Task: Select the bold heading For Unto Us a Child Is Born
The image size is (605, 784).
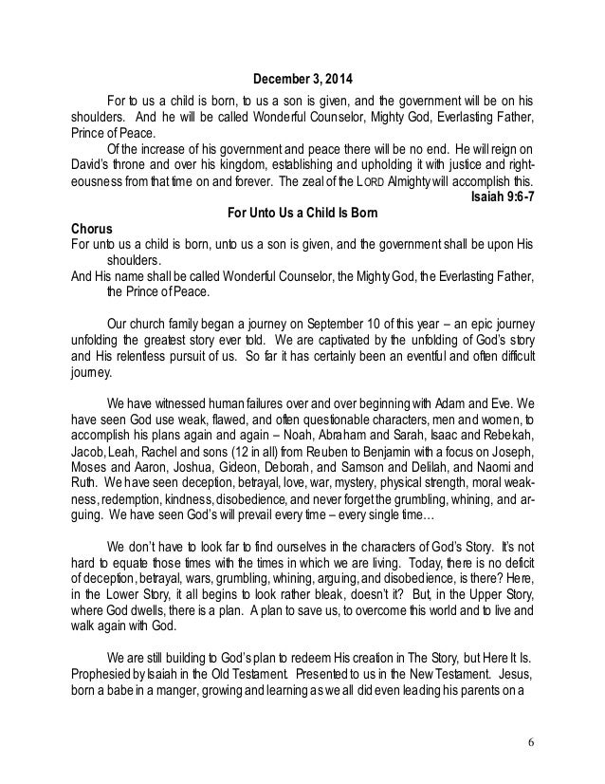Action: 302,215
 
